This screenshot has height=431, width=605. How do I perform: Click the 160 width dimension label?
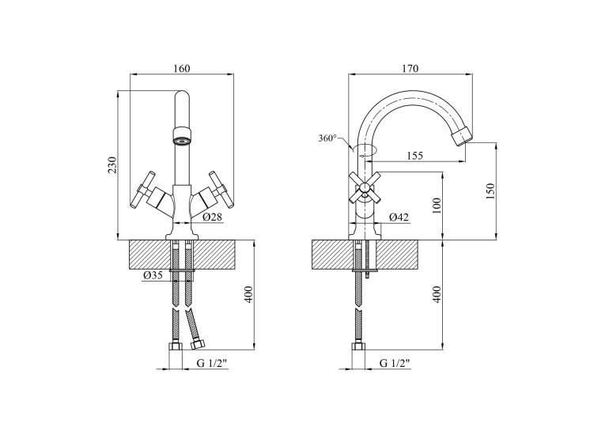[x=182, y=68]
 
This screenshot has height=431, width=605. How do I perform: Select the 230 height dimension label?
[x=112, y=165]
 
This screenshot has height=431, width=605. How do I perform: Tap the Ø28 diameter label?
[x=213, y=217]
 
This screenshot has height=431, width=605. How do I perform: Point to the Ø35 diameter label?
[x=153, y=275]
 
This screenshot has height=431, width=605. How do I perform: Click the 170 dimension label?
[x=410, y=68]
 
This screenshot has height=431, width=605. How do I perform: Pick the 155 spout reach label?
[x=414, y=156]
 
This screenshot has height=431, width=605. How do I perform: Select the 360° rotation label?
[x=327, y=138]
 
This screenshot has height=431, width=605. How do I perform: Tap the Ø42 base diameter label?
[x=399, y=217]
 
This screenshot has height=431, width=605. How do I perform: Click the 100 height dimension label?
[x=437, y=206]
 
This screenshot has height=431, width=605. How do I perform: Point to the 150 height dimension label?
[x=490, y=191]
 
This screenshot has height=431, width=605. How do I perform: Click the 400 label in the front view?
[x=249, y=294]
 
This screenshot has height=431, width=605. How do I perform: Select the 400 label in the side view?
[x=437, y=294]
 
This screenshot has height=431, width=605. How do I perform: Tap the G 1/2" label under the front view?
[x=212, y=363]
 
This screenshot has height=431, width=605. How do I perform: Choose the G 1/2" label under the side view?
[x=395, y=363]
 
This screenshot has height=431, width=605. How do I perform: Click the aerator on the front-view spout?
[x=182, y=136]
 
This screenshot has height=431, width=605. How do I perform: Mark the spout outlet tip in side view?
[x=462, y=136]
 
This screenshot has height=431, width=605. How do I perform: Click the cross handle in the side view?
[x=365, y=188]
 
